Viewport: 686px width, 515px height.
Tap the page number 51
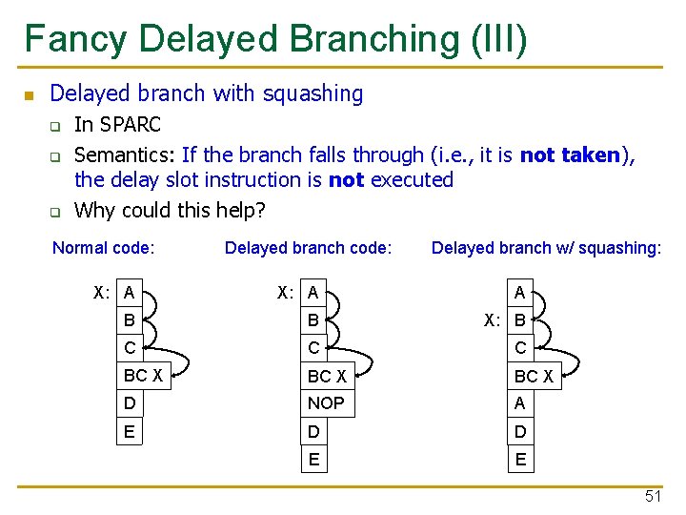click(653, 497)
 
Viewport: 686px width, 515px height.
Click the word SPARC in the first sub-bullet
click(131, 124)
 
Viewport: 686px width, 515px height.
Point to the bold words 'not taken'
click(570, 154)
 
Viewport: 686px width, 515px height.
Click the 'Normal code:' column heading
click(104, 248)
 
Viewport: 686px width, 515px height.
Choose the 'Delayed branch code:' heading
click(308, 248)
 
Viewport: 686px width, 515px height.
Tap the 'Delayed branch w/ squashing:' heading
click(546, 248)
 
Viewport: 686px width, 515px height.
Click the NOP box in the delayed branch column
click(326, 403)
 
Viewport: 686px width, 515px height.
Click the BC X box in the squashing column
click(534, 376)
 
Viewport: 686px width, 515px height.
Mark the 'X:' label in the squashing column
click(492, 320)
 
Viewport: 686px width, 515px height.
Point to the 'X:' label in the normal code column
click(102, 293)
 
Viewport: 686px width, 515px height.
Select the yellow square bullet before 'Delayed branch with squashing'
click(29, 95)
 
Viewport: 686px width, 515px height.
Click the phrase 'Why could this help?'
click(170, 210)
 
